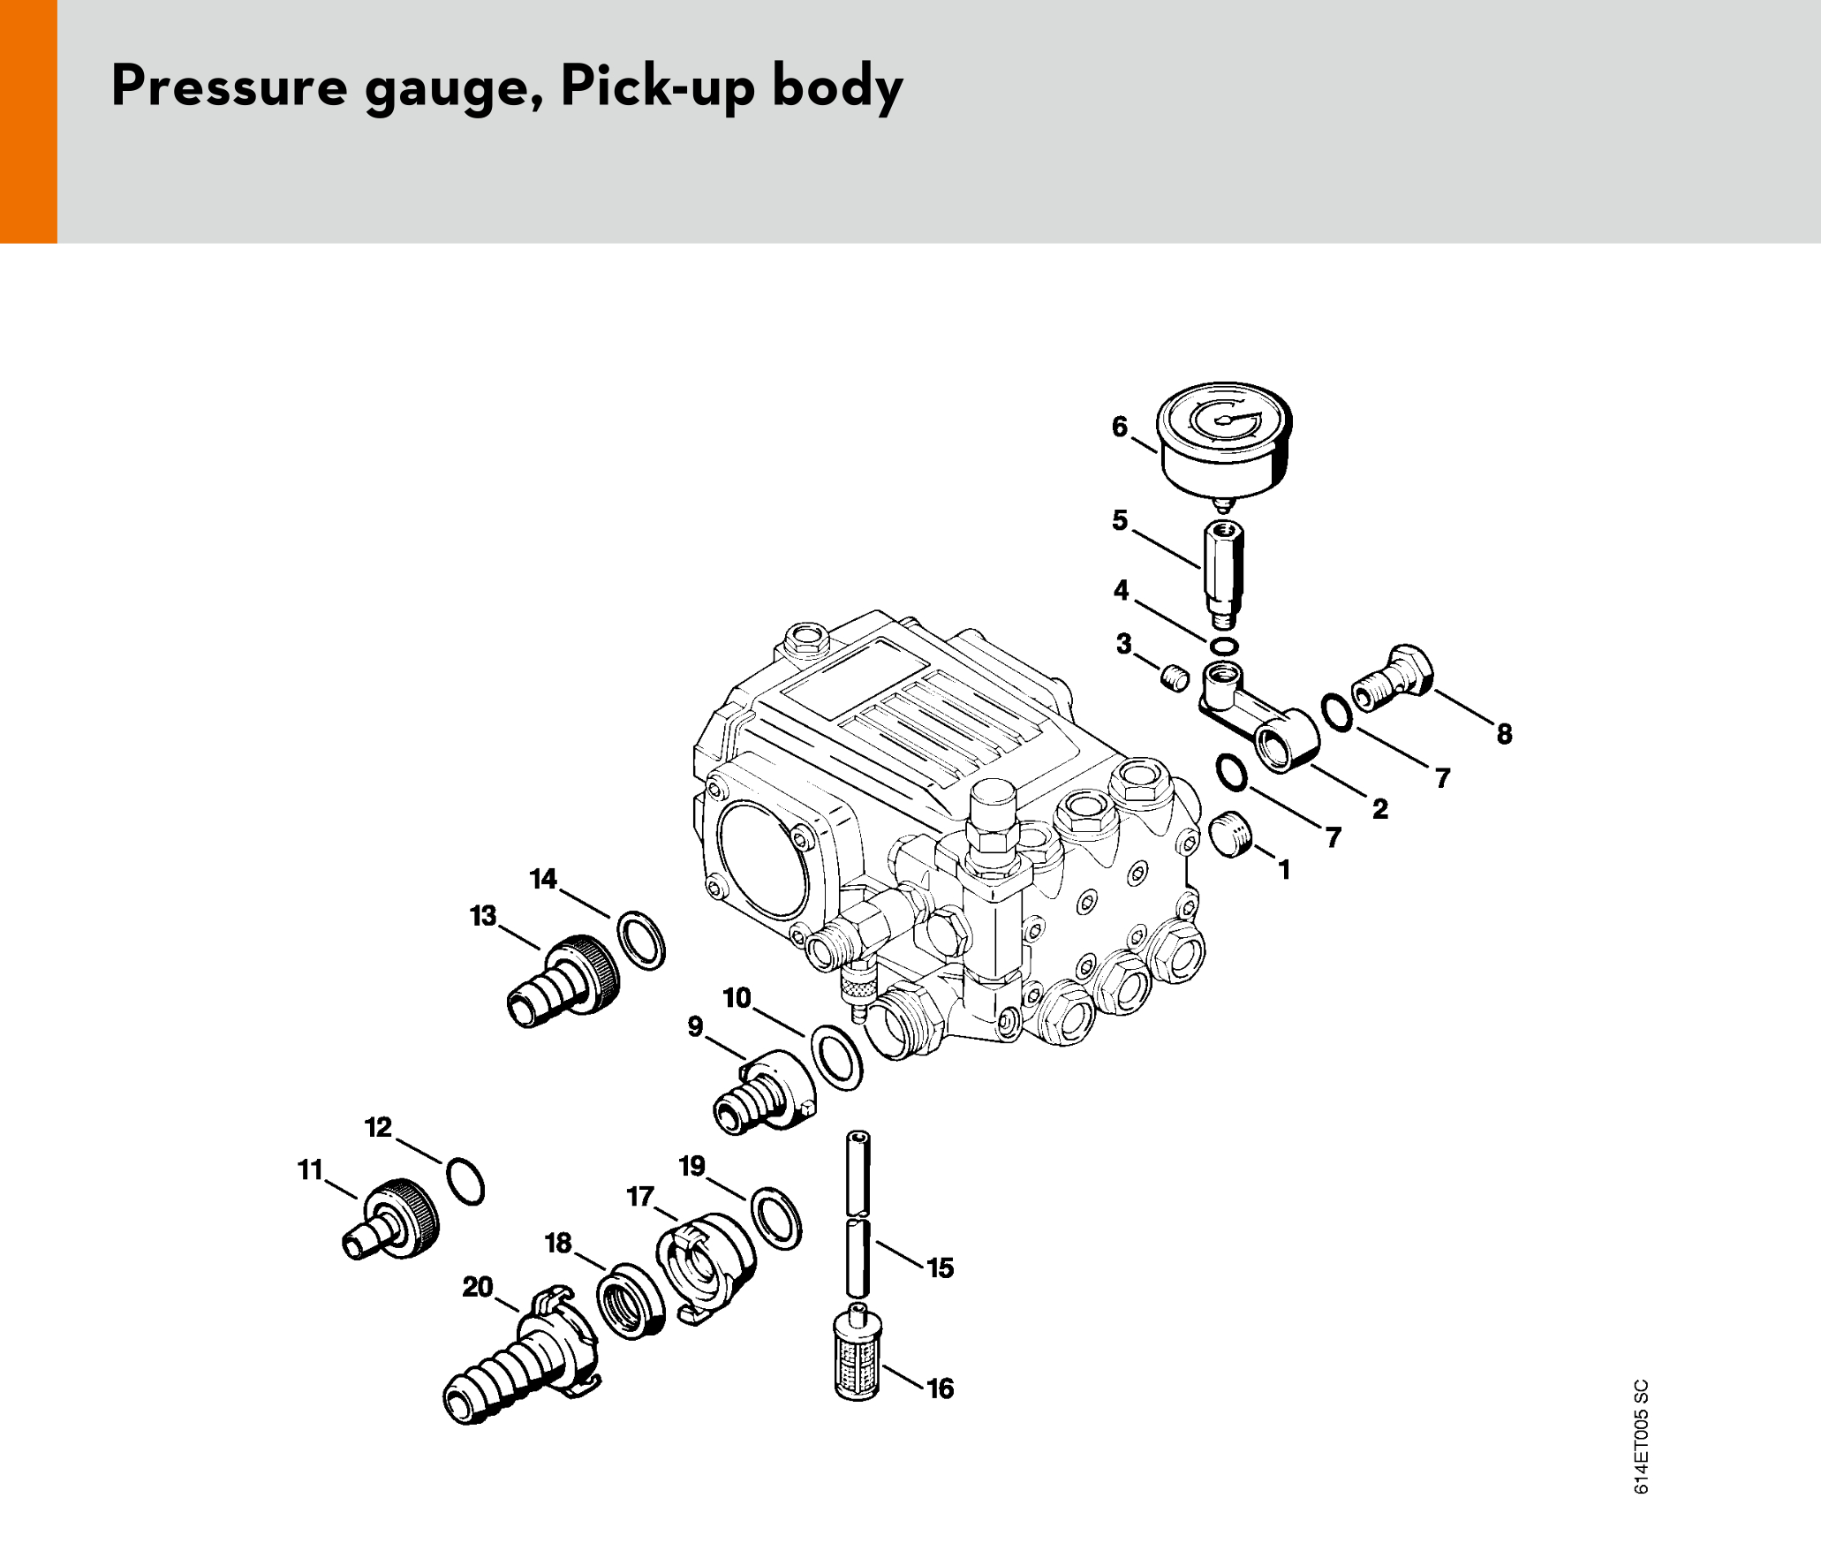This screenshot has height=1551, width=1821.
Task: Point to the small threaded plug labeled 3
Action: pyautogui.click(x=1175, y=679)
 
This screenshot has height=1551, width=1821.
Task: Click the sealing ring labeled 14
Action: pyautogui.click(x=640, y=940)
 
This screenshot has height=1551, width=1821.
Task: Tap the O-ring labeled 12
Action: pyautogui.click(x=465, y=1181)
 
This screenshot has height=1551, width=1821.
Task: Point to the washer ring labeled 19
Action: pyautogui.click(x=776, y=1218)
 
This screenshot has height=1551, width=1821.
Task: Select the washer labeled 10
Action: pyautogui.click(x=836, y=1057)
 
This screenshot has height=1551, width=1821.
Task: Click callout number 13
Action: pyautogui.click(x=483, y=916)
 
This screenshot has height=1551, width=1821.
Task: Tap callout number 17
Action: pyautogui.click(x=640, y=1197)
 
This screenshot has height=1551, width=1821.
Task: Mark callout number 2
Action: pyautogui.click(x=1379, y=808)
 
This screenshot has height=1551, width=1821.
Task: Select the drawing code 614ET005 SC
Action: pyautogui.click(x=1640, y=1436)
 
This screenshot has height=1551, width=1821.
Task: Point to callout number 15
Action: pyautogui.click(x=940, y=1268)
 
